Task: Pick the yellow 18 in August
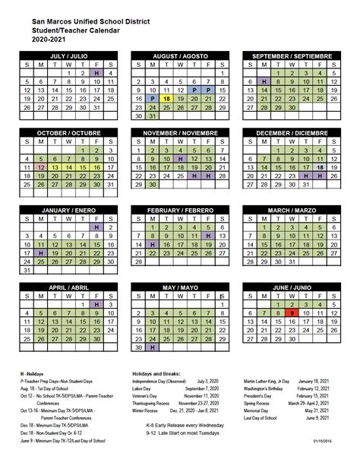[166, 99]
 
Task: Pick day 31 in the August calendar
[152, 116]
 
